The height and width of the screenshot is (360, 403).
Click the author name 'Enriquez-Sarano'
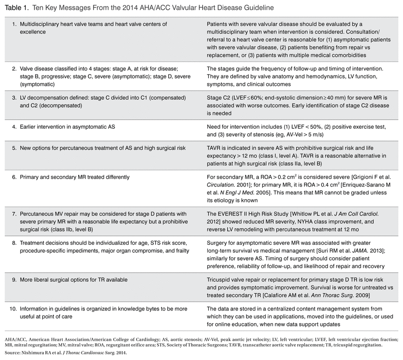point(360,186)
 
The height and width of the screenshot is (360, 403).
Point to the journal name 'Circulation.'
point(222,186)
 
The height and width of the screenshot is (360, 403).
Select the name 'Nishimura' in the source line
point(39,353)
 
